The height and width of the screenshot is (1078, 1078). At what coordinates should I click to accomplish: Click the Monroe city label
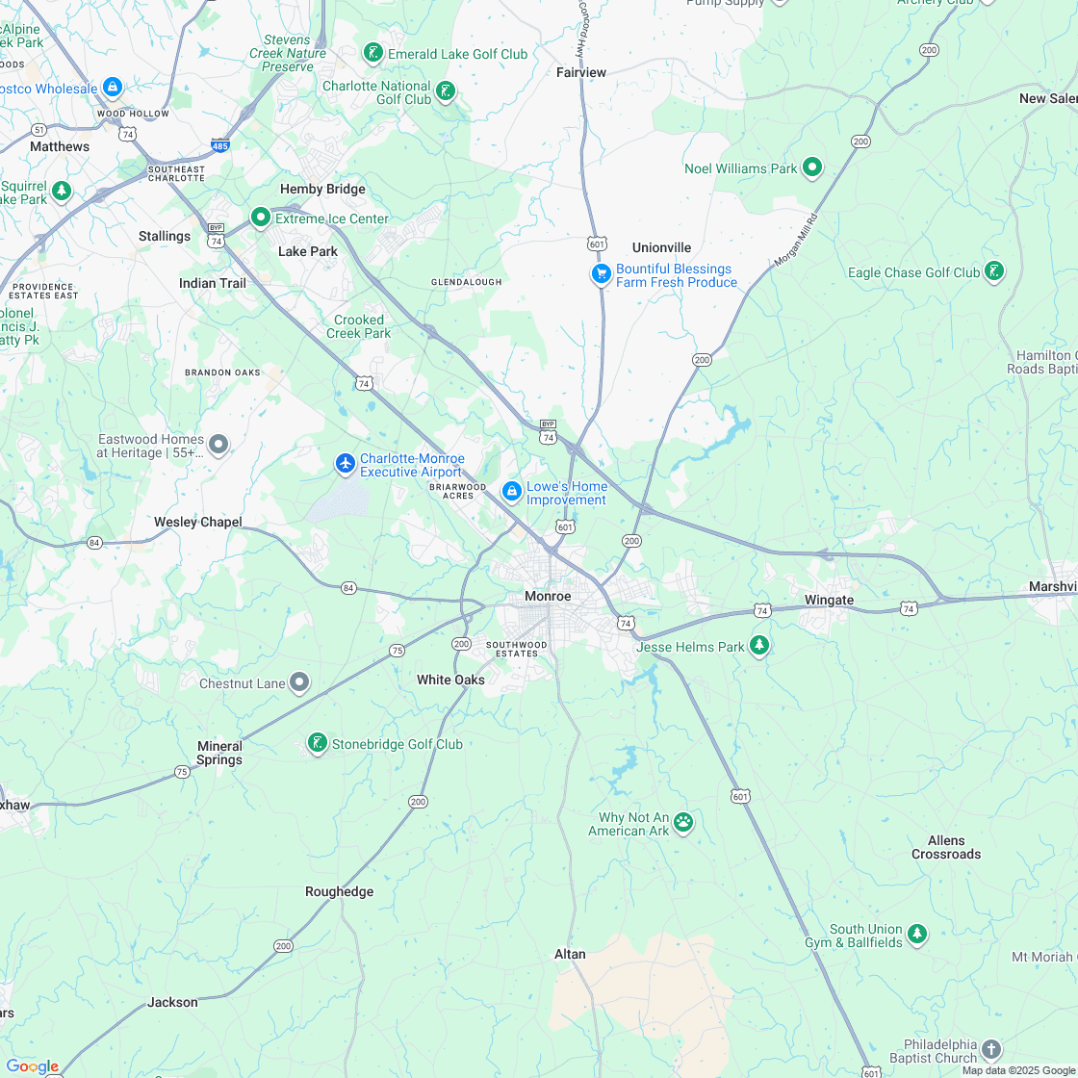548,597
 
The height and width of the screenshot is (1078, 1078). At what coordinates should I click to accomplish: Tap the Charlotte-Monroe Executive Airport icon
346,464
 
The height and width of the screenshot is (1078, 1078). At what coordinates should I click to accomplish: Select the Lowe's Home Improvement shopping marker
512,492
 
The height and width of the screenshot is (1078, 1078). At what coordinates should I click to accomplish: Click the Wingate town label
829,601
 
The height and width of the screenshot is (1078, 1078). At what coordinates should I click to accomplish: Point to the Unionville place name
661,247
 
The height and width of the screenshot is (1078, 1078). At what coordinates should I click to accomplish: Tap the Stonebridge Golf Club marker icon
317,743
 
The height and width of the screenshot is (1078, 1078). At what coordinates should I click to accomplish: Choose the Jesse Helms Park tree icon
759,645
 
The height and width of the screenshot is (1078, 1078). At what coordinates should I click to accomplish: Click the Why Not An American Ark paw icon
683,822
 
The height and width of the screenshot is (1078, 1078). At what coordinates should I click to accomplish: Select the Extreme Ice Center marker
260,218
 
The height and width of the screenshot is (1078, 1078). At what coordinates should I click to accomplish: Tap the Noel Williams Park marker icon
812,167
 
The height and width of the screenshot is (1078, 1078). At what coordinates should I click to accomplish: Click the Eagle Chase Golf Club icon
994,271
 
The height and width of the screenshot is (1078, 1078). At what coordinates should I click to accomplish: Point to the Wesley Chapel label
198,522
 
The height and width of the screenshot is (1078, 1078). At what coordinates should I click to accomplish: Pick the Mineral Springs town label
219,753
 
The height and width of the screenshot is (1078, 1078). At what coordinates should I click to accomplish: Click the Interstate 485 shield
219,146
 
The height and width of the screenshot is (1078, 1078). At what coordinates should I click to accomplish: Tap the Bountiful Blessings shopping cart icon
602,274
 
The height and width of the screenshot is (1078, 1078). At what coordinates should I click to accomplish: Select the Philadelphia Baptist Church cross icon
991,1050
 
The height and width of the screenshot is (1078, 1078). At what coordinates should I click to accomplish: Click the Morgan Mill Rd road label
794,242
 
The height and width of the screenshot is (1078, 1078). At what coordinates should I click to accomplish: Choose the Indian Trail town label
213,283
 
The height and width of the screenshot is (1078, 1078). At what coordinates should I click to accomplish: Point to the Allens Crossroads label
946,847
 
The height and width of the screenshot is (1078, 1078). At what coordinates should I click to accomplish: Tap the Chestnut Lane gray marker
299,682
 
